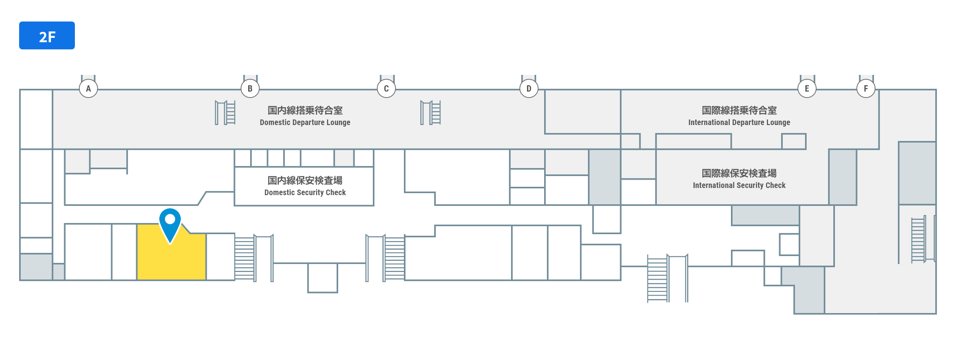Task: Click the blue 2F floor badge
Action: [47, 35]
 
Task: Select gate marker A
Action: [88, 88]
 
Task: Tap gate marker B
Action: [250, 88]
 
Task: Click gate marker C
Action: [386, 88]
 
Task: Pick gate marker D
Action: [529, 88]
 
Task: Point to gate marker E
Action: [807, 88]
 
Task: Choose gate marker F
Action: [866, 88]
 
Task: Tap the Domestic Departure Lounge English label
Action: [305, 123]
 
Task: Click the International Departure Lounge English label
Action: [739, 123]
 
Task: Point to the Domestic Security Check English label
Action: [305, 193]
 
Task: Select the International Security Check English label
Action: [739, 186]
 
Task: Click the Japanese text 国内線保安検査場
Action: [305, 180]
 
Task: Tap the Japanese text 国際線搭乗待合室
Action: [739, 110]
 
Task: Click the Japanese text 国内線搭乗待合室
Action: [305, 110]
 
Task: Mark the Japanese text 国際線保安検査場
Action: [739, 173]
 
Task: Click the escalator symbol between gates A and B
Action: [225, 113]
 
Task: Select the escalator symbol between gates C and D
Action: [431, 113]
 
